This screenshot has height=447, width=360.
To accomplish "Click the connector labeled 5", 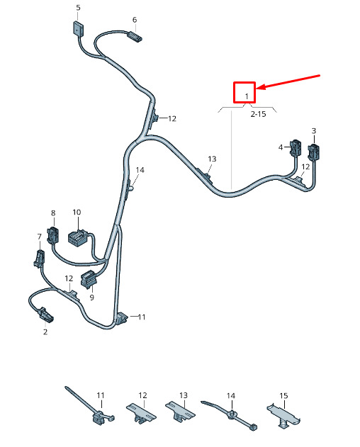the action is (x=78, y=28).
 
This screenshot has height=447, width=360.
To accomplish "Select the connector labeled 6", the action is (x=135, y=37).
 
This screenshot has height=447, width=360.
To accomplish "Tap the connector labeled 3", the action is (x=313, y=152).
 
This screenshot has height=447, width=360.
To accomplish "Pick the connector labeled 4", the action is (x=296, y=147).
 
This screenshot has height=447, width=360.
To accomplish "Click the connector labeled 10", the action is (x=77, y=237).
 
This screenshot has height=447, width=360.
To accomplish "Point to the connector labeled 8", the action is (x=53, y=234).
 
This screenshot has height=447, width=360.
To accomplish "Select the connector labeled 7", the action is (x=39, y=259).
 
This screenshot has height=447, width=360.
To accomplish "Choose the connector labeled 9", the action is (x=89, y=279).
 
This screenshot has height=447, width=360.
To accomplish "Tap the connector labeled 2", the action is (x=45, y=315).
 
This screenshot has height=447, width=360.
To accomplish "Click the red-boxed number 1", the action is (x=247, y=96).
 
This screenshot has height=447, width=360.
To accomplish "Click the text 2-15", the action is (x=258, y=114).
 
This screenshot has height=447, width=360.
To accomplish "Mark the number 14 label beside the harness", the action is (x=140, y=170).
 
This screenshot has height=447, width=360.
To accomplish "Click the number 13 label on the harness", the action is (x=212, y=159).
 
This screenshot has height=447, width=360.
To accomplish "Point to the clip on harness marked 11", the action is (x=122, y=318).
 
